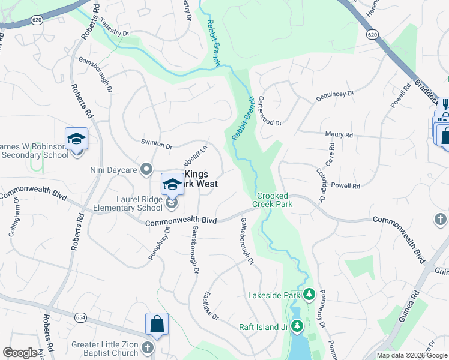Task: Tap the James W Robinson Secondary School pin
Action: pos(77,140)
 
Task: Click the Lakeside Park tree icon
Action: pos(309,295)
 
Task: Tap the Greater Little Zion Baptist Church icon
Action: pos(148,347)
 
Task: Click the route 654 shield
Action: pos(81,317)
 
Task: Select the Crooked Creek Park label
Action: pos(273,200)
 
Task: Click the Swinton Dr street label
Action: pos(157,145)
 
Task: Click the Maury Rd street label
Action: pos(339,136)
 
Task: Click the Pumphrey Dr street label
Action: pos(159,243)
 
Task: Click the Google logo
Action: pos(20,353)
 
